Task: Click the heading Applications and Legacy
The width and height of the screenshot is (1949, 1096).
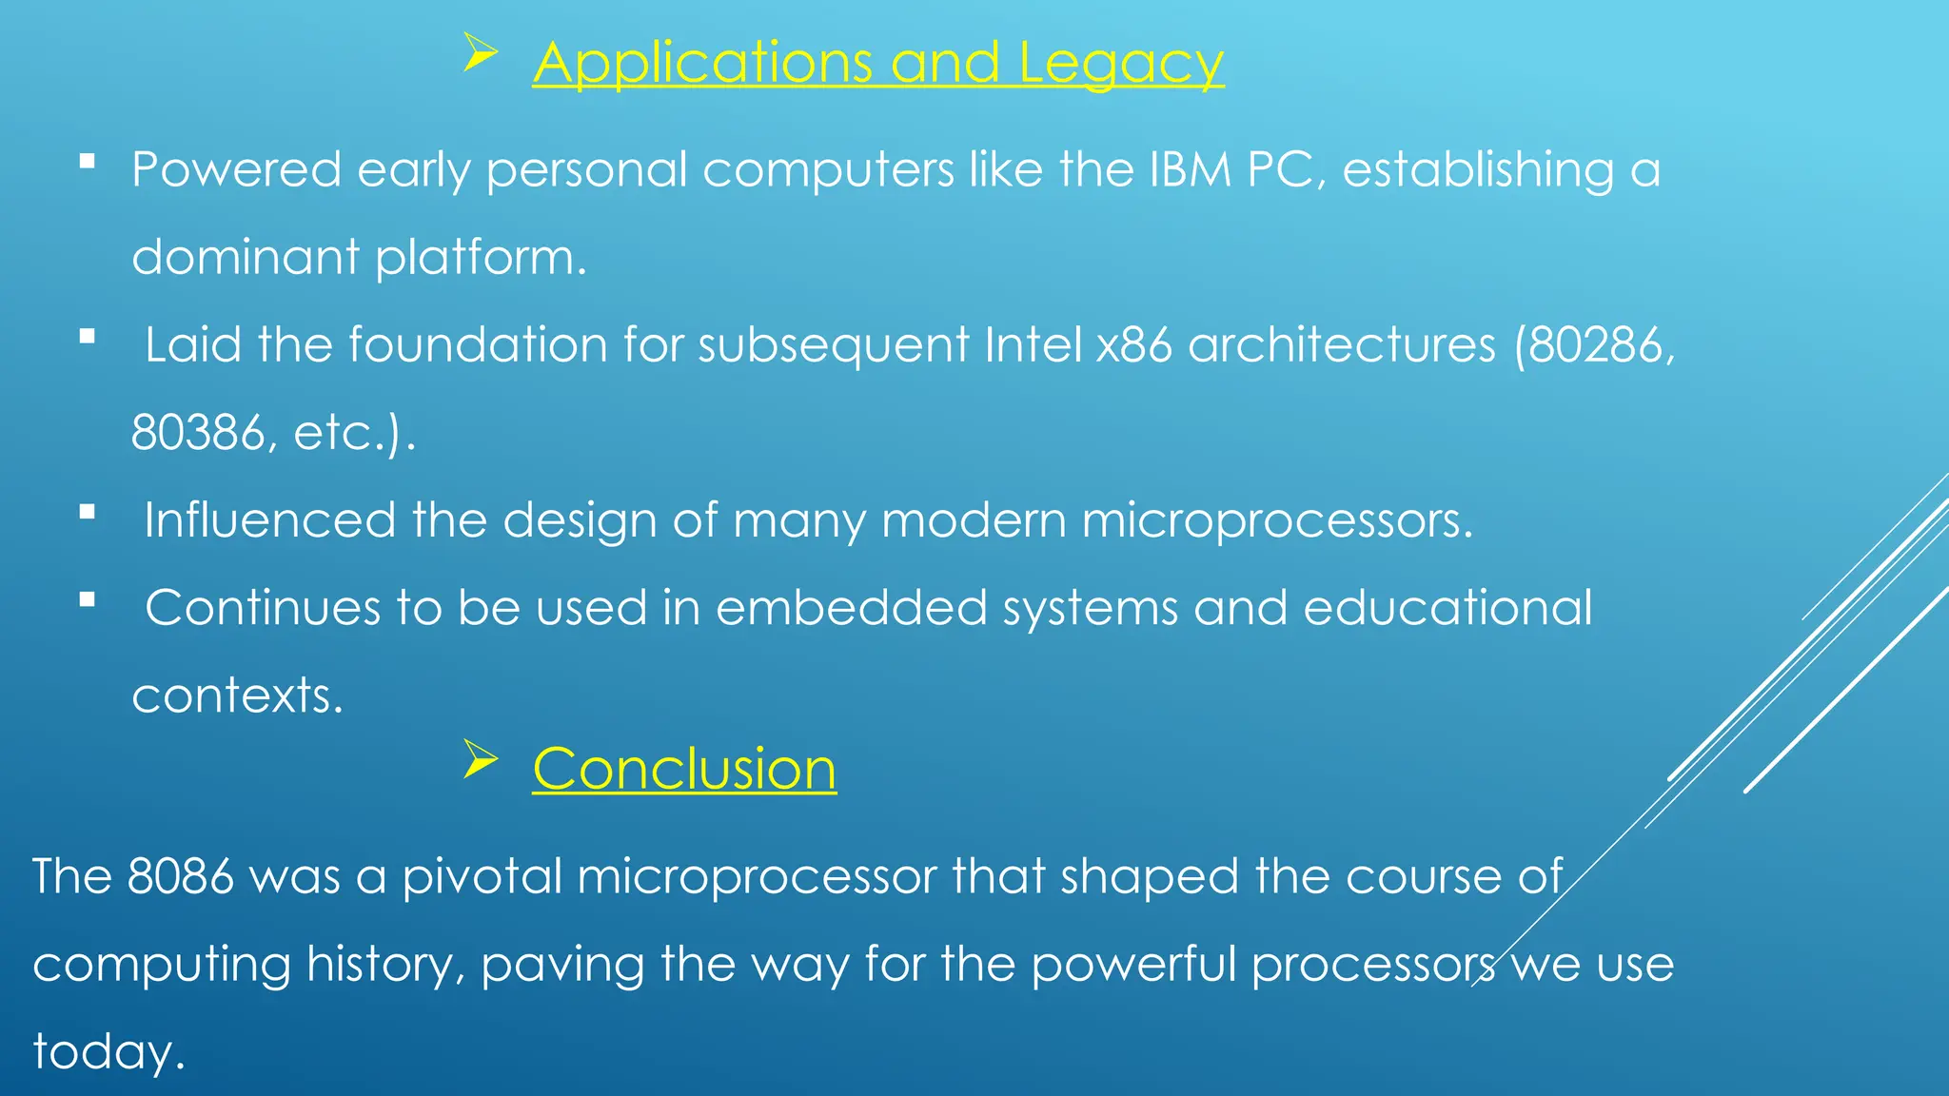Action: click(x=877, y=64)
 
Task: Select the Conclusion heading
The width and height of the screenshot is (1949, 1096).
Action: click(x=684, y=769)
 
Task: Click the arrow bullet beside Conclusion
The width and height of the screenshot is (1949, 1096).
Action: click(x=481, y=759)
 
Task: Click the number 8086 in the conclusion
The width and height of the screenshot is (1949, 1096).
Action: click(x=180, y=876)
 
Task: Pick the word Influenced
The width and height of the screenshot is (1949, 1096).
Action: click(x=269, y=520)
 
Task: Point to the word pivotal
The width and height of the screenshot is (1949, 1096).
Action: click(x=482, y=876)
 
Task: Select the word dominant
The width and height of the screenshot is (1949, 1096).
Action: click(x=246, y=258)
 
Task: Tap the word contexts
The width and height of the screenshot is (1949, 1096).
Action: click(x=236, y=695)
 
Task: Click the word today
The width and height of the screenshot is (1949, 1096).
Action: click(x=108, y=1052)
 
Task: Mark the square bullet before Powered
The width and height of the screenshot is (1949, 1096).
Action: click(x=88, y=162)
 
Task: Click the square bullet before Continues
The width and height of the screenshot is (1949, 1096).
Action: click(x=88, y=600)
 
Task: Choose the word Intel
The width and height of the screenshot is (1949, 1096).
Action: click(x=1033, y=344)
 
